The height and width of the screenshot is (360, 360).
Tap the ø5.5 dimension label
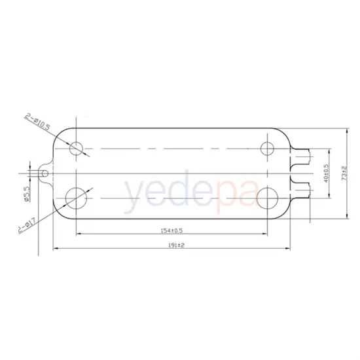tap(27, 196)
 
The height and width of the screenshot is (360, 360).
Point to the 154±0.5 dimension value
tap(171, 230)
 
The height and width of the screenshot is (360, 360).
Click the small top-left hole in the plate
tap(77, 147)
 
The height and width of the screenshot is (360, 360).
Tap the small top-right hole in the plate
tap(267, 147)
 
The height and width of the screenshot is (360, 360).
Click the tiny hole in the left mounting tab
tap(45, 172)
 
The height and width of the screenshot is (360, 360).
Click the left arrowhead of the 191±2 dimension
tap(56, 249)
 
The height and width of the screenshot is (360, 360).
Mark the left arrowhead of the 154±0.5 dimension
tap(80, 235)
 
